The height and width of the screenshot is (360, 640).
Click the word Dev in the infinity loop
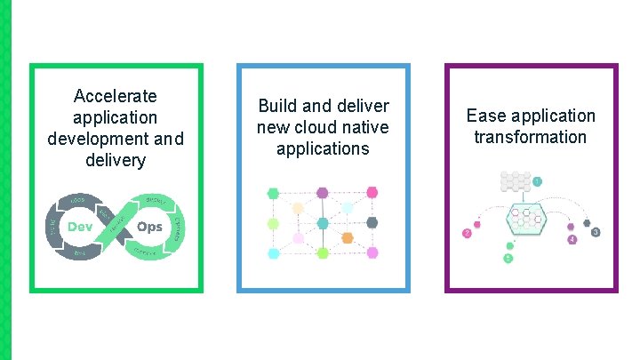pos(81,228)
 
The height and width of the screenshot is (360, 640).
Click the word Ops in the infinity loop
pos(149,228)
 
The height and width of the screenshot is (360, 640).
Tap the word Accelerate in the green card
pos(116,95)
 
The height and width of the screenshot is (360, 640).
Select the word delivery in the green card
pos(116,161)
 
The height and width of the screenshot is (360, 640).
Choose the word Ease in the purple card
pos(485,116)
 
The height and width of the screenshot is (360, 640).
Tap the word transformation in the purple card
pos(530,137)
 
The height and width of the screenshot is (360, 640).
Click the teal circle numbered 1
pos(538,182)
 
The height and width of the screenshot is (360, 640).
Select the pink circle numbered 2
pos(468,234)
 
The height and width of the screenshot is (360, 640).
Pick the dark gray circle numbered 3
pos(596,232)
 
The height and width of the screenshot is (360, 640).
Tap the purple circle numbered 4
pos(572,240)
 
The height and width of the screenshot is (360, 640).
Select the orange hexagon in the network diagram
pos(348,238)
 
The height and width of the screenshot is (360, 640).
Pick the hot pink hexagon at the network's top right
pos(372,192)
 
